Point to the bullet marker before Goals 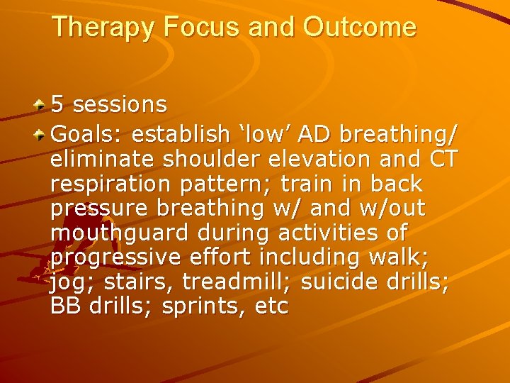point(42,133)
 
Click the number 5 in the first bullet point(59,105)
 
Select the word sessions point(120,105)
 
